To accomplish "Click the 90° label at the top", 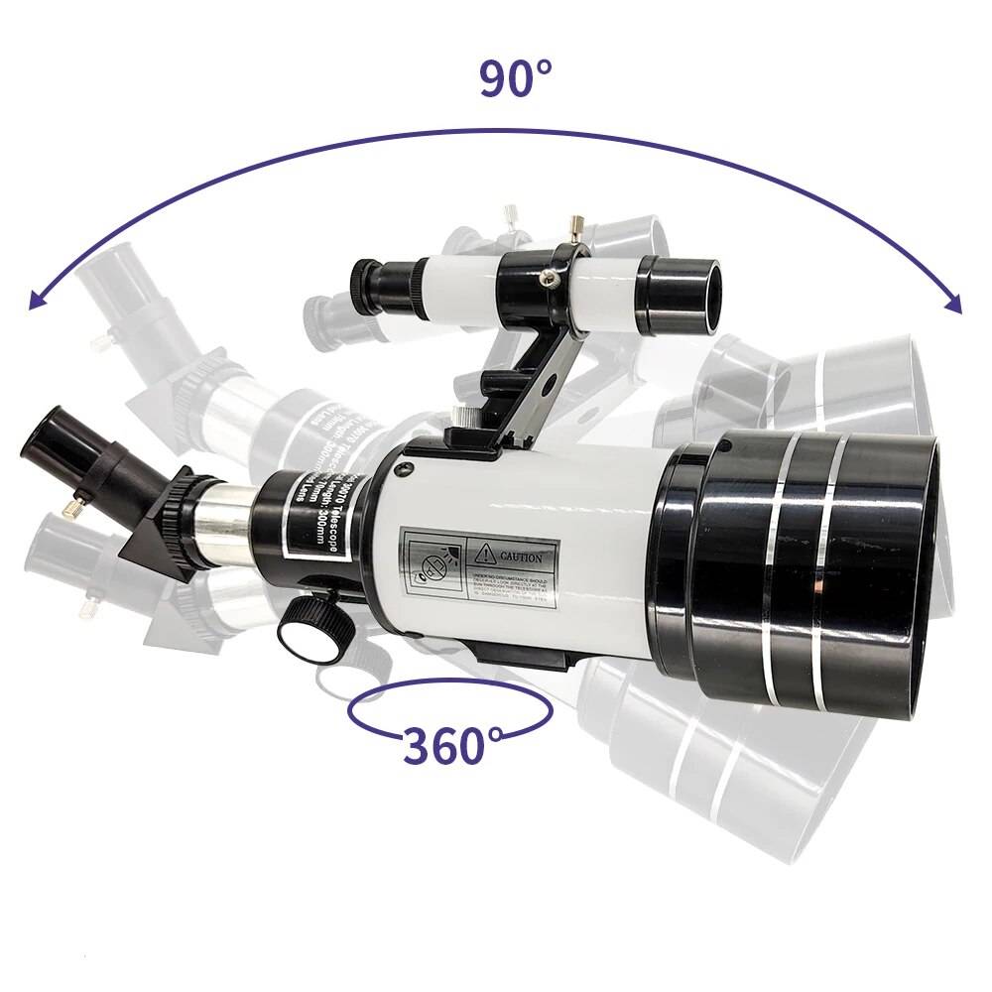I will pyautogui.click(x=515, y=78).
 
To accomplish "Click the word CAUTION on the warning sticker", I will pyautogui.click(x=521, y=557).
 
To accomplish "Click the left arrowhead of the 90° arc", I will pyautogui.click(x=37, y=301).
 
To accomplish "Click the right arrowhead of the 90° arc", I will pyautogui.click(x=953, y=304).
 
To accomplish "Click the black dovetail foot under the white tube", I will pyautogui.click(x=516, y=655).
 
